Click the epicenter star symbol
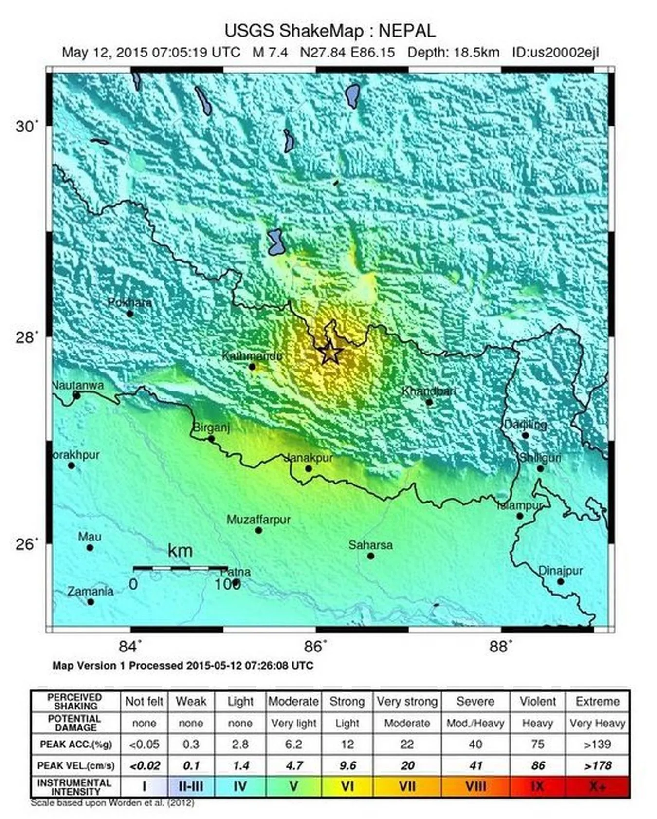pyautogui.click(x=330, y=353)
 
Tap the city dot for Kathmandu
pyautogui.click(x=252, y=367)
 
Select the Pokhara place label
pyautogui.click(x=129, y=302)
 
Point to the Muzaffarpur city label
pyautogui.click(x=258, y=520)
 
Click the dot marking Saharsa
pyautogui.click(x=370, y=556)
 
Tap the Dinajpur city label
pyautogui.click(x=560, y=571)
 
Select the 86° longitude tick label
pyautogui.click(x=315, y=647)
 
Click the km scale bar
pyautogui.click(x=180, y=568)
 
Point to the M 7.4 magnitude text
pyautogui.click(x=270, y=53)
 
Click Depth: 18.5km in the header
pyautogui.click(x=453, y=53)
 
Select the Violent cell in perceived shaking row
pyautogui.click(x=537, y=701)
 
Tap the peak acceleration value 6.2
pyautogui.click(x=293, y=744)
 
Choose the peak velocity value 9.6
pyautogui.click(x=347, y=765)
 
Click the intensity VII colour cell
pyautogui.click(x=407, y=786)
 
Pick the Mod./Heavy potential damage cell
pyautogui.click(x=475, y=723)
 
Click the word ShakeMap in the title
pyautogui.click(x=321, y=31)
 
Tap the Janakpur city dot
pyautogui.click(x=309, y=469)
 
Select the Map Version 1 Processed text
pyautogui.click(x=182, y=665)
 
